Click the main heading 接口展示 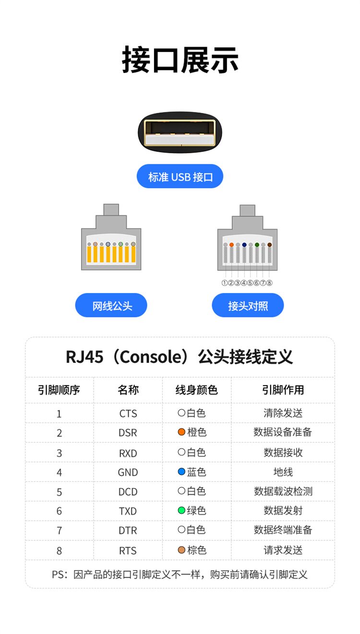tap(180, 60)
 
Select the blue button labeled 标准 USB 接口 tap(180, 177)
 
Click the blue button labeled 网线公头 tap(111, 305)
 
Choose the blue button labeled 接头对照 tap(248, 305)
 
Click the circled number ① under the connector tap(225, 283)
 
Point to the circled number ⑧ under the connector tap(270, 283)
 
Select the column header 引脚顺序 tap(59, 390)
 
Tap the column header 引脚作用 tap(283, 390)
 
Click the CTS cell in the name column tap(128, 414)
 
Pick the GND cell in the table tap(128, 472)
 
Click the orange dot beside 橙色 tap(181, 432)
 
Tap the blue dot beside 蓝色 tap(181, 472)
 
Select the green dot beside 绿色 tap(181, 511)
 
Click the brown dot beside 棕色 tap(181, 550)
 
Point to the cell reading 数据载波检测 tap(283, 491)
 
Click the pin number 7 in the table tap(59, 531)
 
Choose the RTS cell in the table tap(128, 550)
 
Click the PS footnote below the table tap(180, 574)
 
